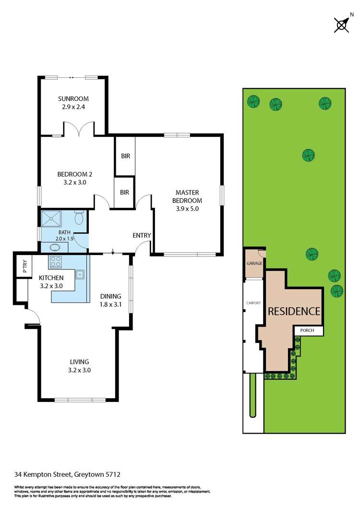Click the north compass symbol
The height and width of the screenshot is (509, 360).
[341, 24]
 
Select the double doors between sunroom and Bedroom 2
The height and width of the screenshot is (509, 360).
[79, 129]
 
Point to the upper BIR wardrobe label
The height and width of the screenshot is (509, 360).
[125, 156]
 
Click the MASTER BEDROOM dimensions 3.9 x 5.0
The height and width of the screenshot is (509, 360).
[188, 209]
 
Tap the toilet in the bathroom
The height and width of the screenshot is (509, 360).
[80, 218]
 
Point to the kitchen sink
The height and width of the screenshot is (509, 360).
[80, 275]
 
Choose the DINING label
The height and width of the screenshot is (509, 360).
[110, 296]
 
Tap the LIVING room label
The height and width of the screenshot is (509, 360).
[80, 362]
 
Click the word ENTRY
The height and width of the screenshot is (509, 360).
[142, 235]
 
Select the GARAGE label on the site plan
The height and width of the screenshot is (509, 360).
[254, 264]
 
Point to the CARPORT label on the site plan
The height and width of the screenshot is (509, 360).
[253, 303]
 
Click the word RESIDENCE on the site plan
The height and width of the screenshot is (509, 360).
[293, 311]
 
